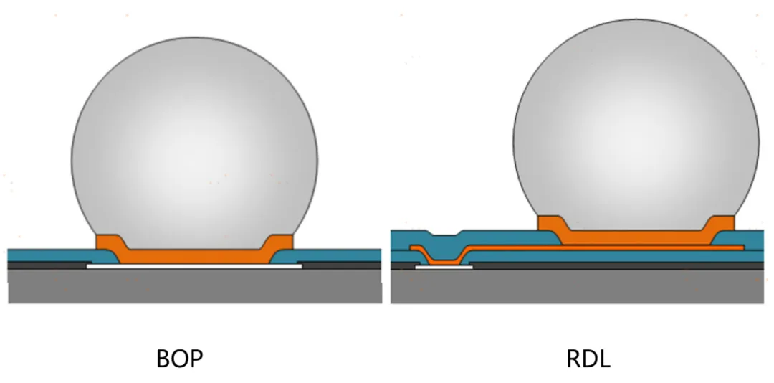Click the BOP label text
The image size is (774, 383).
point(180,358)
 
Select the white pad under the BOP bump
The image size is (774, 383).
point(194,266)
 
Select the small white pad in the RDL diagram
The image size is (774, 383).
point(444,267)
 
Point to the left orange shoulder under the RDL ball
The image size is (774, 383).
point(551,223)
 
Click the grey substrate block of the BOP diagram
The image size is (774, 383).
point(194,287)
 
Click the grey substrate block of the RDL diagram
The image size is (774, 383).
point(577,287)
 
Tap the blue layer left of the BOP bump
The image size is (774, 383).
point(50,255)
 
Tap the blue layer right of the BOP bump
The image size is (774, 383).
point(337,255)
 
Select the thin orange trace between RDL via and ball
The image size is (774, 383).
point(516,247)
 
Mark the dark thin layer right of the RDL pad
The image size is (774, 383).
point(616,265)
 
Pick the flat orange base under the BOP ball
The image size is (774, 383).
point(194,255)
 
